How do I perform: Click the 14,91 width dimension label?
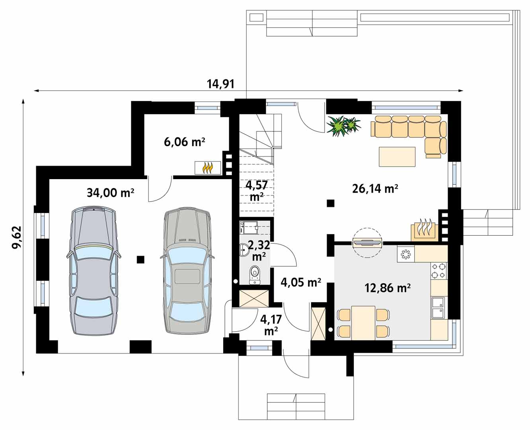[x=221, y=84]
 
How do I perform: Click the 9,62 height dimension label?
[x=17, y=237]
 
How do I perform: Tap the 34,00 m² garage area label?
[x=111, y=193]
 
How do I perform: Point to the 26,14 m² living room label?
[x=375, y=189]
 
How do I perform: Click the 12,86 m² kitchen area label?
[x=388, y=288]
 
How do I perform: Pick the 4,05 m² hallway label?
[x=300, y=282]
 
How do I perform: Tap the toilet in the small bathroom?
[x=255, y=274]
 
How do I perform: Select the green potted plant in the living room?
[x=344, y=126]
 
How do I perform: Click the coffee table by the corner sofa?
[x=397, y=156]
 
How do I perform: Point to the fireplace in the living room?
[x=424, y=230]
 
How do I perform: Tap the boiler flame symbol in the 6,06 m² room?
[x=208, y=168]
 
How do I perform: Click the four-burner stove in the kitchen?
[x=438, y=271]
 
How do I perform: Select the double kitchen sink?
[x=438, y=308]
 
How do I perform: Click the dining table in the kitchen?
[x=363, y=323]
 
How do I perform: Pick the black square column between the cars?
[x=140, y=260]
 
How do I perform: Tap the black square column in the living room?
[x=331, y=203]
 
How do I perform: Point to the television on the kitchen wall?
[x=367, y=242]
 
